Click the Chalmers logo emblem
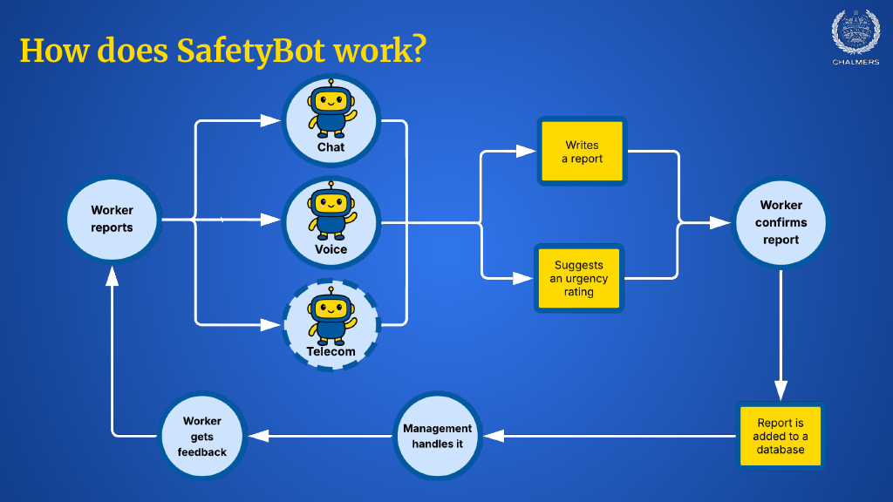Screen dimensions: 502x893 point(855,32)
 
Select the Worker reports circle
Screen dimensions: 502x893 point(112,220)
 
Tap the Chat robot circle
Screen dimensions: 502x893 point(331,120)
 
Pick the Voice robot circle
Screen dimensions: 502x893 point(331,222)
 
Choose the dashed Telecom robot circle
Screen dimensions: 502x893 point(331,324)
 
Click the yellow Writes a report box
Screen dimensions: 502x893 point(582,152)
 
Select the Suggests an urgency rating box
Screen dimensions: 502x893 point(578,279)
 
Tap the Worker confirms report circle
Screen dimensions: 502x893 point(781,222)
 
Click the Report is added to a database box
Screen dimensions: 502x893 point(781,436)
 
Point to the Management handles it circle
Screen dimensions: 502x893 point(438,435)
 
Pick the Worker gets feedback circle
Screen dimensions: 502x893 point(202,436)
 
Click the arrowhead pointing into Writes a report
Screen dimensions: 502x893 point(526,152)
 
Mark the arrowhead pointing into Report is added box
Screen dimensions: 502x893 point(781,390)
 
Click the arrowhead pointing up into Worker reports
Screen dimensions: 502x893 point(112,277)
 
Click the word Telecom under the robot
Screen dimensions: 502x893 point(331,352)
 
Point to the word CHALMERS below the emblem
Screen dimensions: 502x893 point(855,63)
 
